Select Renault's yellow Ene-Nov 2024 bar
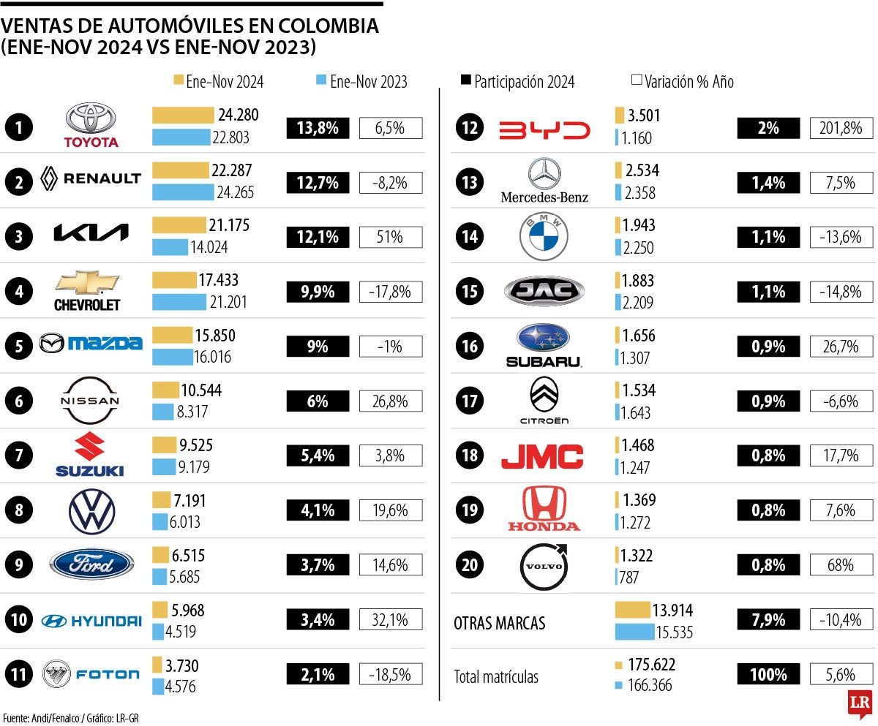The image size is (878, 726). coord(181,170)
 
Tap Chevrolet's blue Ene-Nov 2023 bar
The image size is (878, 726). coord(179,302)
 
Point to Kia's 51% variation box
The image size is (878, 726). coord(391,237)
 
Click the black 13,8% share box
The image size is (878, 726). coord(318,129)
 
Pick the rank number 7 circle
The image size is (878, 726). coord(18,455)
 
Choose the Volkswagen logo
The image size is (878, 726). coord(92,511)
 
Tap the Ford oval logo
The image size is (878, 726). coord(92,564)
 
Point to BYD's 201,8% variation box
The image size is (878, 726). coord(841,129)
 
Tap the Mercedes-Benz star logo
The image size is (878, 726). coord(544,174)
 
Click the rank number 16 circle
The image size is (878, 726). coord(467,346)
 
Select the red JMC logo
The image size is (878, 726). coord(542,456)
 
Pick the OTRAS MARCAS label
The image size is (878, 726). coord(500,624)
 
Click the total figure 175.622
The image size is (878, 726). coord(649,665)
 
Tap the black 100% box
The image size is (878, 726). coord(768,674)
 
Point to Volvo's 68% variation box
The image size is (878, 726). coord(841,565)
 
